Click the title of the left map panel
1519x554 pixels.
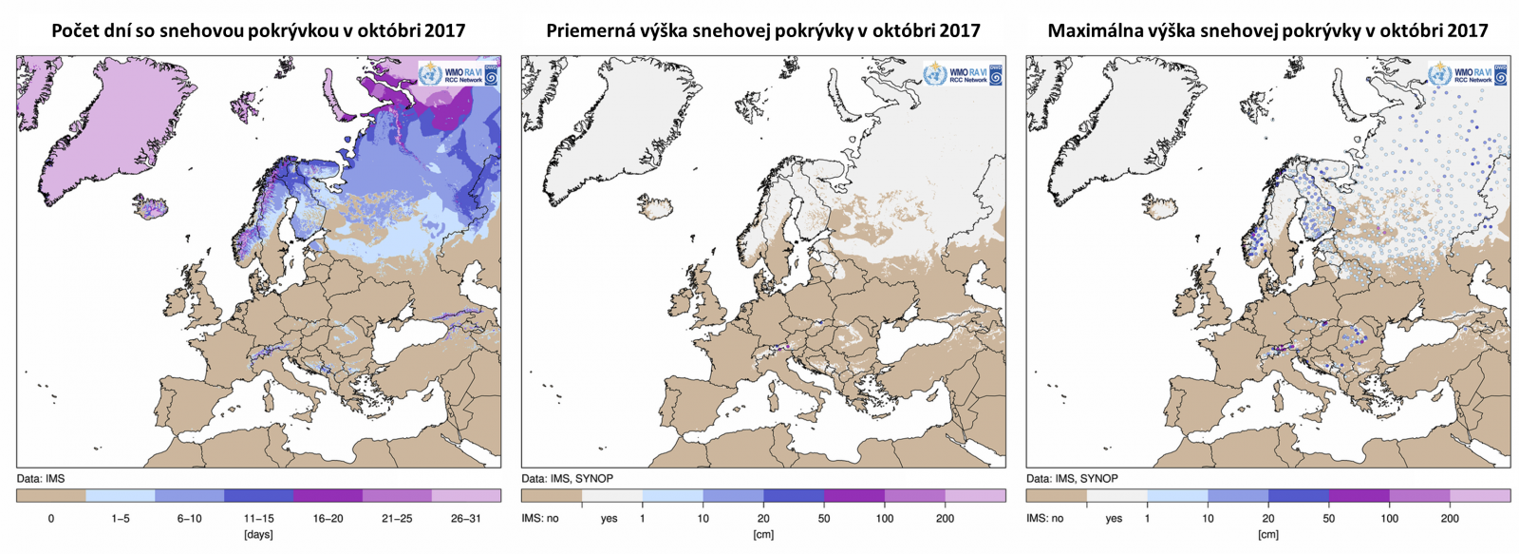pos(258,30)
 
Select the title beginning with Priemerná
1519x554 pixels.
pos(762,30)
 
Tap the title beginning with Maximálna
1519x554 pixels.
pos(1267,30)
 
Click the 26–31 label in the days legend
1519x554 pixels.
pos(466,519)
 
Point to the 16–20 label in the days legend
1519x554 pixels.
pos(328,519)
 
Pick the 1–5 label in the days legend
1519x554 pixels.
pos(121,519)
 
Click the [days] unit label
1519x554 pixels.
pos(258,535)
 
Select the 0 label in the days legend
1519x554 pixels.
pos(51,519)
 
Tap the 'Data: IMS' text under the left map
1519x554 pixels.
pos(41,479)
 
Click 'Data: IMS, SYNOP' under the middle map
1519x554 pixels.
pos(567,479)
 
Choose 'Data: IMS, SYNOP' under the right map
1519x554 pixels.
pos(1072,479)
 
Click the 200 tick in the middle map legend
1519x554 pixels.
pos(945,519)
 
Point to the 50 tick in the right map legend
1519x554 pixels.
pos(1328,519)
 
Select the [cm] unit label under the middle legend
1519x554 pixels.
pos(762,535)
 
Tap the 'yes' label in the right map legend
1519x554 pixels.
pos(1114,519)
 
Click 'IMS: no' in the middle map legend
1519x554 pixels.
pos(540,519)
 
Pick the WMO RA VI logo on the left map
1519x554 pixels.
pos(459,74)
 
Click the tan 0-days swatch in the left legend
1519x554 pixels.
pos(51,496)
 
